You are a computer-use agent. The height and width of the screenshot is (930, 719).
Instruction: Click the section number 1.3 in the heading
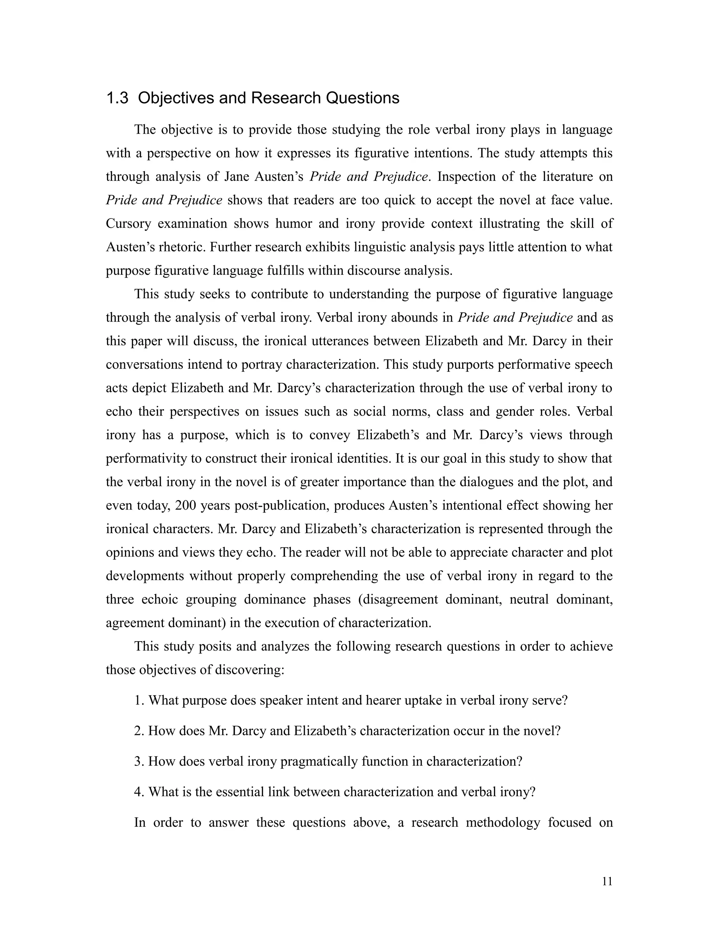tap(117, 98)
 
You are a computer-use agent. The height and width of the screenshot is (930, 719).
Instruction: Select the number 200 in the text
tap(185, 505)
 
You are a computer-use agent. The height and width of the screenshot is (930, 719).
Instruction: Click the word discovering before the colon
tap(247, 670)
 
